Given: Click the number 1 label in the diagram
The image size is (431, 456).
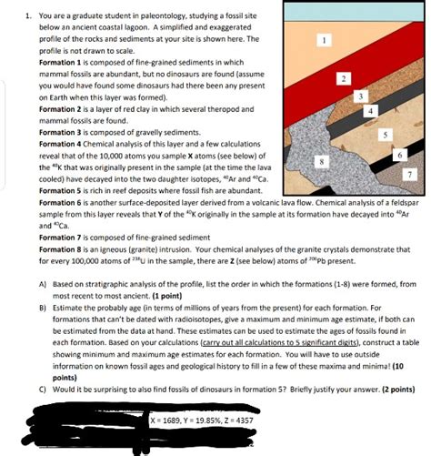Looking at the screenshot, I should pos(325,39).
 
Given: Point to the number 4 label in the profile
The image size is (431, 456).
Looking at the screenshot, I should pos(370,111).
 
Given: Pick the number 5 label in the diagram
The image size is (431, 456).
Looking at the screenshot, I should pos(386,134).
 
